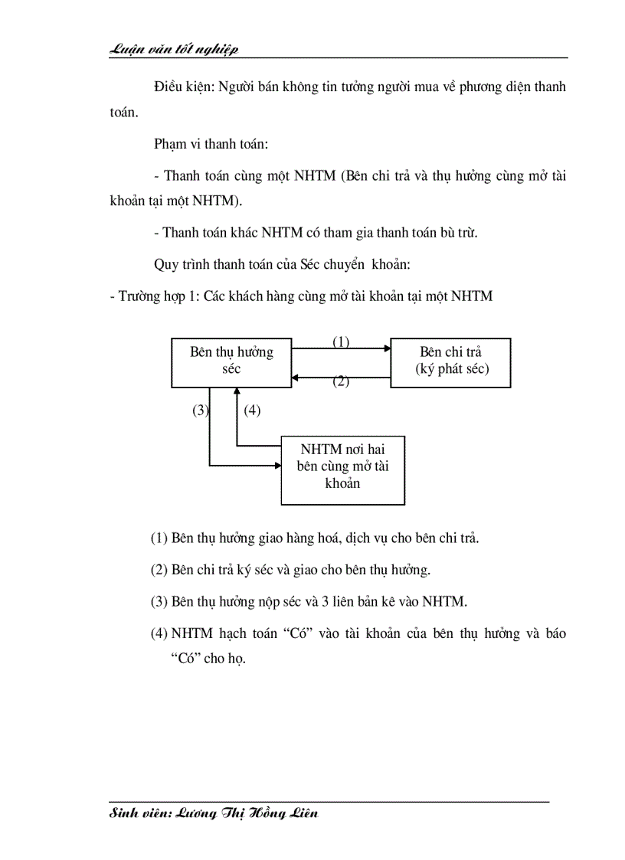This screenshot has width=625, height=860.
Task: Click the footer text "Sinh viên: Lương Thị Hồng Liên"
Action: [x=214, y=813]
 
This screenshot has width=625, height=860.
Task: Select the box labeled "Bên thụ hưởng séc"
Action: [x=231, y=361]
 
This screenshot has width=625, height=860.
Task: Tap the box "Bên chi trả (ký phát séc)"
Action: [x=450, y=361]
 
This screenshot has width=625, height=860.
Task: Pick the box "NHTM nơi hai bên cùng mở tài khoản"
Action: [x=342, y=469]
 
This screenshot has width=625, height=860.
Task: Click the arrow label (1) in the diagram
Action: [x=341, y=342]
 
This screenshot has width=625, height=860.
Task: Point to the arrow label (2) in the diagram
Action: [x=341, y=382]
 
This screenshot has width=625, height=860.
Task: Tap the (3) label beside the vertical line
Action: [x=200, y=410]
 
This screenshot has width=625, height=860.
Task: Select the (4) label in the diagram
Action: [x=252, y=410]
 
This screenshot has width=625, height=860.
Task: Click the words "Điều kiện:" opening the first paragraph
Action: [x=184, y=87]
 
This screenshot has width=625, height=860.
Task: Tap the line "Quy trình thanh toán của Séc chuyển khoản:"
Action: [x=283, y=265]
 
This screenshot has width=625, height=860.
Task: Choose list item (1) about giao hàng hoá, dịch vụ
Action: [x=315, y=538]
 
